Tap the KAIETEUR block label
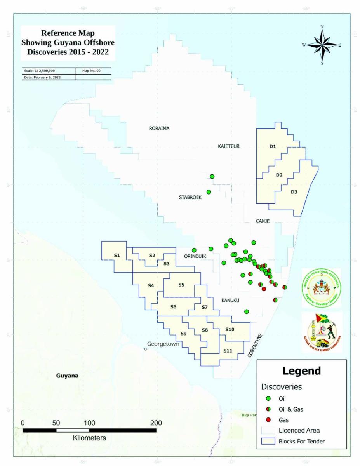click(229, 146)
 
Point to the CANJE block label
click(263, 221)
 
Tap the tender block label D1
click(273, 146)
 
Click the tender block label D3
click(294, 192)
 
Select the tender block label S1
click(117, 255)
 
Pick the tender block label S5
click(181, 285)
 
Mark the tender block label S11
click(228, 351)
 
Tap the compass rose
click(322, 45)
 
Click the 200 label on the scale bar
click(156, 423)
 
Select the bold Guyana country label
click(67, 376)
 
